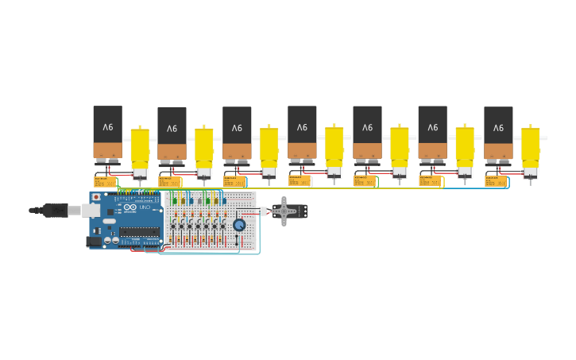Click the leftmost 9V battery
tap(107, 132)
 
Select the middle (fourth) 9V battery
tap(302, 132)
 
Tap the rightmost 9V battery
tap(498, 132)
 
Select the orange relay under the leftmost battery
tap(105, 181)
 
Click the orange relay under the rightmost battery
tap(495, 181)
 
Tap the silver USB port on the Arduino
tap(92, 210)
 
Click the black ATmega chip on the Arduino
tap(139, 232)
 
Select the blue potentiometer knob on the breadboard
tap(239, 225)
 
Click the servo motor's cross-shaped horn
tap(284, 211)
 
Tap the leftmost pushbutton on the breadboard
tap(173, 226)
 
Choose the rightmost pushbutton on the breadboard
tap(222, 226)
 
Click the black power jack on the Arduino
tap(94, 241)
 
